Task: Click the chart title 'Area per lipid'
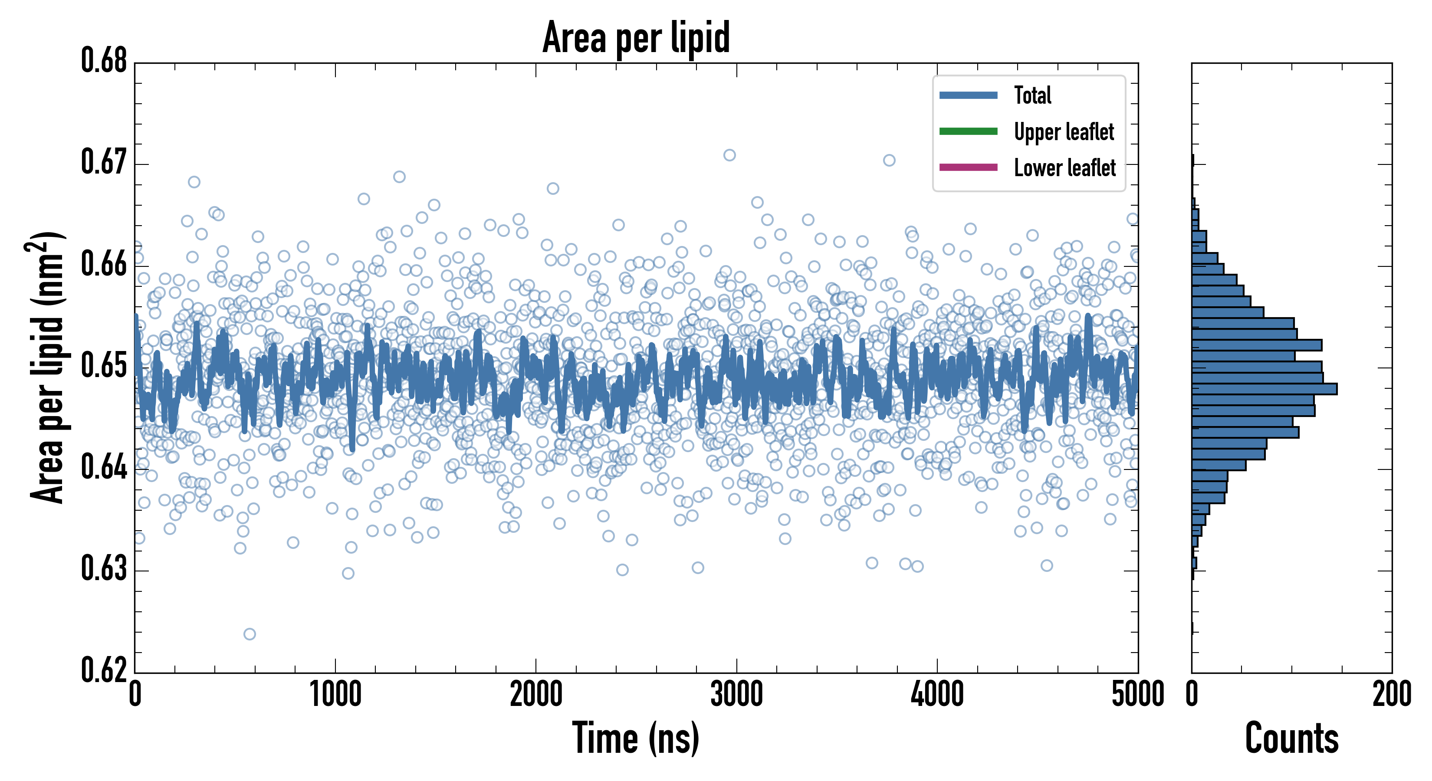coord(636,37)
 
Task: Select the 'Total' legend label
coord(1032,95)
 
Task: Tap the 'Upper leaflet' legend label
coord(1064,132)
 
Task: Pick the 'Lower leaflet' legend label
coord(1064,167)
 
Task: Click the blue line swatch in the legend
coord(968,95)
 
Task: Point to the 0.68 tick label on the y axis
coord(104,61)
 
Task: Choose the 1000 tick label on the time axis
coord(335,694)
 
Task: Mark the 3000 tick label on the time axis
coord(736,694)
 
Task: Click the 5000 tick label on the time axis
coord(1137,694)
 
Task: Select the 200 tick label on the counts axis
coord(1391,694)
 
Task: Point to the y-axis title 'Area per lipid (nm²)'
coord(47,367)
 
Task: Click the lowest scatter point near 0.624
coord(250,633)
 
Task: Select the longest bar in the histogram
coord(1264,389)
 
